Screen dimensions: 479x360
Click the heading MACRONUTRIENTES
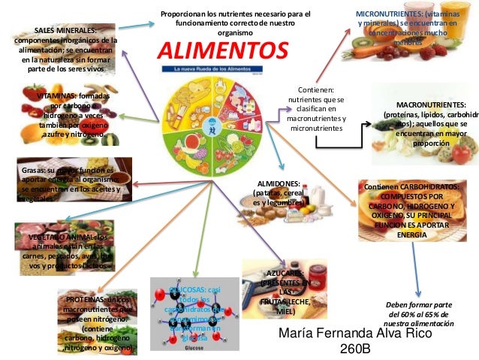(x=430, y=104)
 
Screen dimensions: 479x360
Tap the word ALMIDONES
(x=279, y=183)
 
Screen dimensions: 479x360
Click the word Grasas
(x=34, y=171)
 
